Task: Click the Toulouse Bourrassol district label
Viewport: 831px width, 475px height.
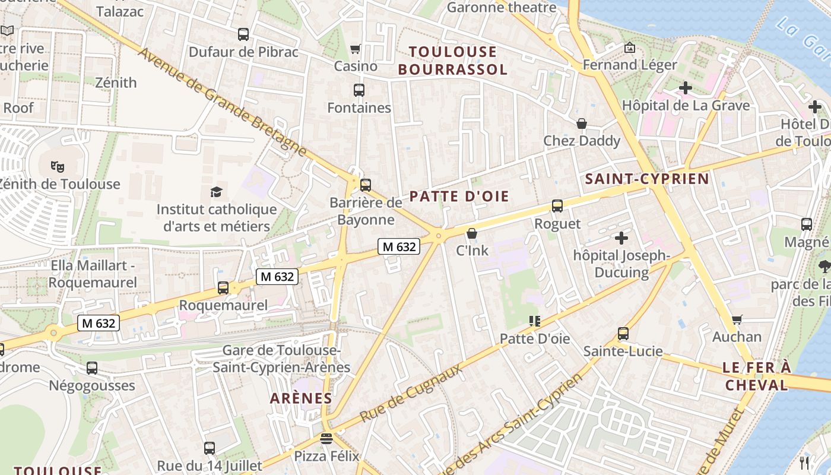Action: tap(452, 61)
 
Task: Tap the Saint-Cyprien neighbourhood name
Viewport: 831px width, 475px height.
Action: tap(647, 179)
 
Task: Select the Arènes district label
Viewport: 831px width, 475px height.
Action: tap(301, 398)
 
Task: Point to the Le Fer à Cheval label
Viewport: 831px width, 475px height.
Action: tap(756, 376)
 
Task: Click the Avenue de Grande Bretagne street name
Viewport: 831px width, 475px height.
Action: tap(222, 102)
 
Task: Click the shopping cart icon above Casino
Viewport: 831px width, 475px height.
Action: tap(356, 49)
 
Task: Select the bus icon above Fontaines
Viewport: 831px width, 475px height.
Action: tap(359, 90)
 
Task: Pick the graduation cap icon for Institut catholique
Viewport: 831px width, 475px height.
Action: tap(216, 192)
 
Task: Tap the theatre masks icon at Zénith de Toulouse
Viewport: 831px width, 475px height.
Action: tap(57, 166)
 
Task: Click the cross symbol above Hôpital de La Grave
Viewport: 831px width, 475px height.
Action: tap(686, 88)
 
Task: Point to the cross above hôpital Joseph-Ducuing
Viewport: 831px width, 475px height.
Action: tap(621, 238)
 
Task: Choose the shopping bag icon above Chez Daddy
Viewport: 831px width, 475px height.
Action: tap(582, 123)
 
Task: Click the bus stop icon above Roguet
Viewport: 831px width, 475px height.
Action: tap(557, 206)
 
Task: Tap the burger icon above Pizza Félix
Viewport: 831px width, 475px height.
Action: tap(326, 439)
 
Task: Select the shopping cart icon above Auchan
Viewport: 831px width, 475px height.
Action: tap(737, 320)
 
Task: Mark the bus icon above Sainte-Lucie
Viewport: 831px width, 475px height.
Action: tap(623, 334)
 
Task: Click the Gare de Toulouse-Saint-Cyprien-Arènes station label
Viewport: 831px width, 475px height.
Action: tap(281, 359)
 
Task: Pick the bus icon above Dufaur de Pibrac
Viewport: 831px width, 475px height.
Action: tap(243, 34)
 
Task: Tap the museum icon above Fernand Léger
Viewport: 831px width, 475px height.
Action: tap(630, 47)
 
